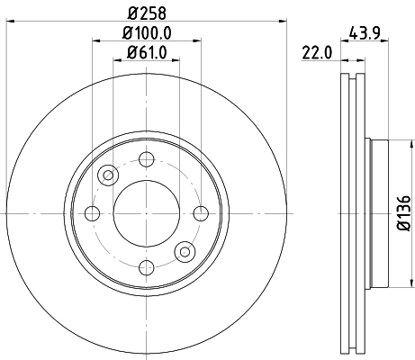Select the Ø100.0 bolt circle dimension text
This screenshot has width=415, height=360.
tap(147, 34)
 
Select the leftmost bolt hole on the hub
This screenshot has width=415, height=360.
tap(91, 212)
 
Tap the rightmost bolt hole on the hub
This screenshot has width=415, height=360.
tap(201, 212)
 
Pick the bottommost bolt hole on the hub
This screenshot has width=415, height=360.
tap(146, 267)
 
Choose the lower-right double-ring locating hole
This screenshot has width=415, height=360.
tap(185, 251)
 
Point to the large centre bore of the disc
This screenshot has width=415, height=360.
tap(146, 212)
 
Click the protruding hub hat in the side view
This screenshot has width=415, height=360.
tap(378, 212)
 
